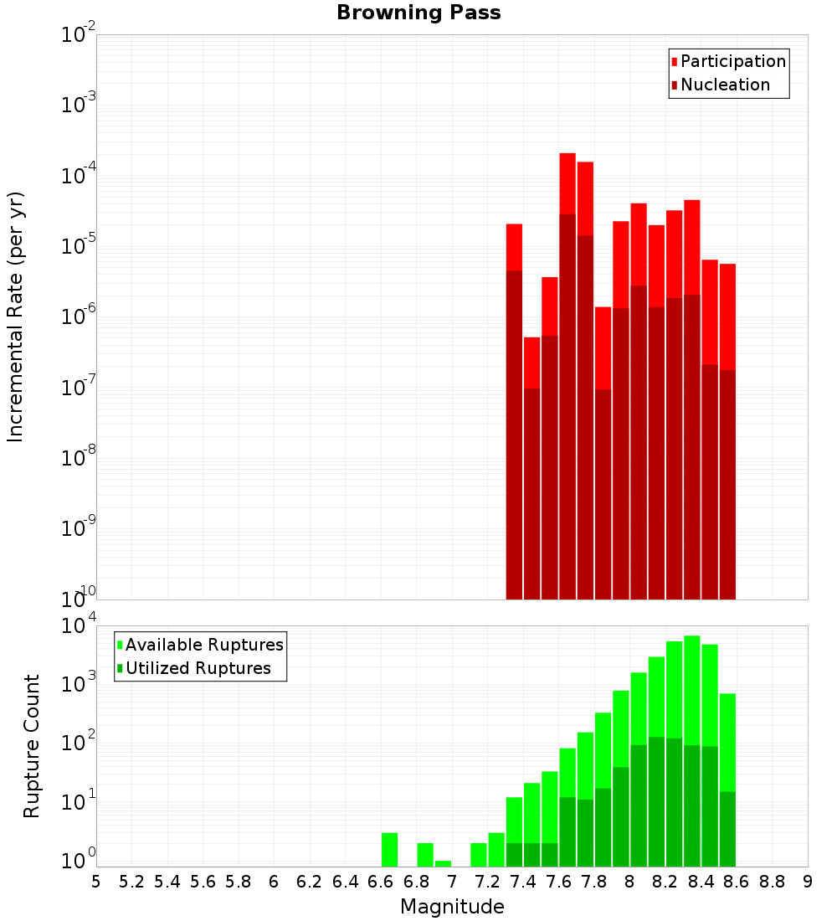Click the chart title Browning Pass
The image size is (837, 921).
[x=418, y=13]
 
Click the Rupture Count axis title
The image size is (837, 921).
[x=32, y=745]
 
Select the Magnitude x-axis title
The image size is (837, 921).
[x=452, y=907]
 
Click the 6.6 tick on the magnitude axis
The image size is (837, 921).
[x=380, y=882]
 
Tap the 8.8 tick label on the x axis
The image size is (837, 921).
[x=772, y=882]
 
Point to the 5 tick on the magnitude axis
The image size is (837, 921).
[x=95, y=882]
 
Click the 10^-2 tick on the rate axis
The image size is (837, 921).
[x=79, y=36]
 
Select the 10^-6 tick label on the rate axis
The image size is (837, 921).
[x=79, y=316]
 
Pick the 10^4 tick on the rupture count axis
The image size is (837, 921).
[x=79, y=626]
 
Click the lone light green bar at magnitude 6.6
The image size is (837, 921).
[x=389, y=849]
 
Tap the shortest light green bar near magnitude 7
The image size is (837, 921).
[x=443, y=863]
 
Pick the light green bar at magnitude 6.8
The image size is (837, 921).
[x=425, y=854]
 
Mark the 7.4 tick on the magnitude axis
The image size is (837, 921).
[x=522, y=882]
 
